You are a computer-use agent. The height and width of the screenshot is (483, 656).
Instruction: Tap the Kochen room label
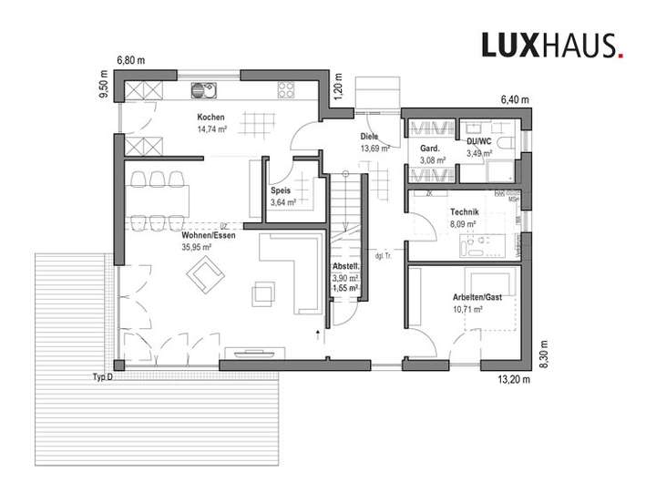point(210,118)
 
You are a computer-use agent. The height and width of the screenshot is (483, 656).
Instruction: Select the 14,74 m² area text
point(210,129)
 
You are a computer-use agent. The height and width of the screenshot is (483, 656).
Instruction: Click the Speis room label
point(281,190)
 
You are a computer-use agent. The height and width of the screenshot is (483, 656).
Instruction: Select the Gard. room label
point(431,149)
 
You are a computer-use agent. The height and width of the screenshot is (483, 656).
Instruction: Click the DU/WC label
point(478,142)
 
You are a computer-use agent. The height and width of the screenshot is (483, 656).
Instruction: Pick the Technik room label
point(464,211)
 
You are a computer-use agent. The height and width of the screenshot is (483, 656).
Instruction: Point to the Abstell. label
point(344,267)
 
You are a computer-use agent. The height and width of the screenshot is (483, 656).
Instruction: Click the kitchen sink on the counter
point(200,90)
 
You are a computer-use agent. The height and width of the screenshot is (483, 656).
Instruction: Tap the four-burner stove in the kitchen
point(285,89)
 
